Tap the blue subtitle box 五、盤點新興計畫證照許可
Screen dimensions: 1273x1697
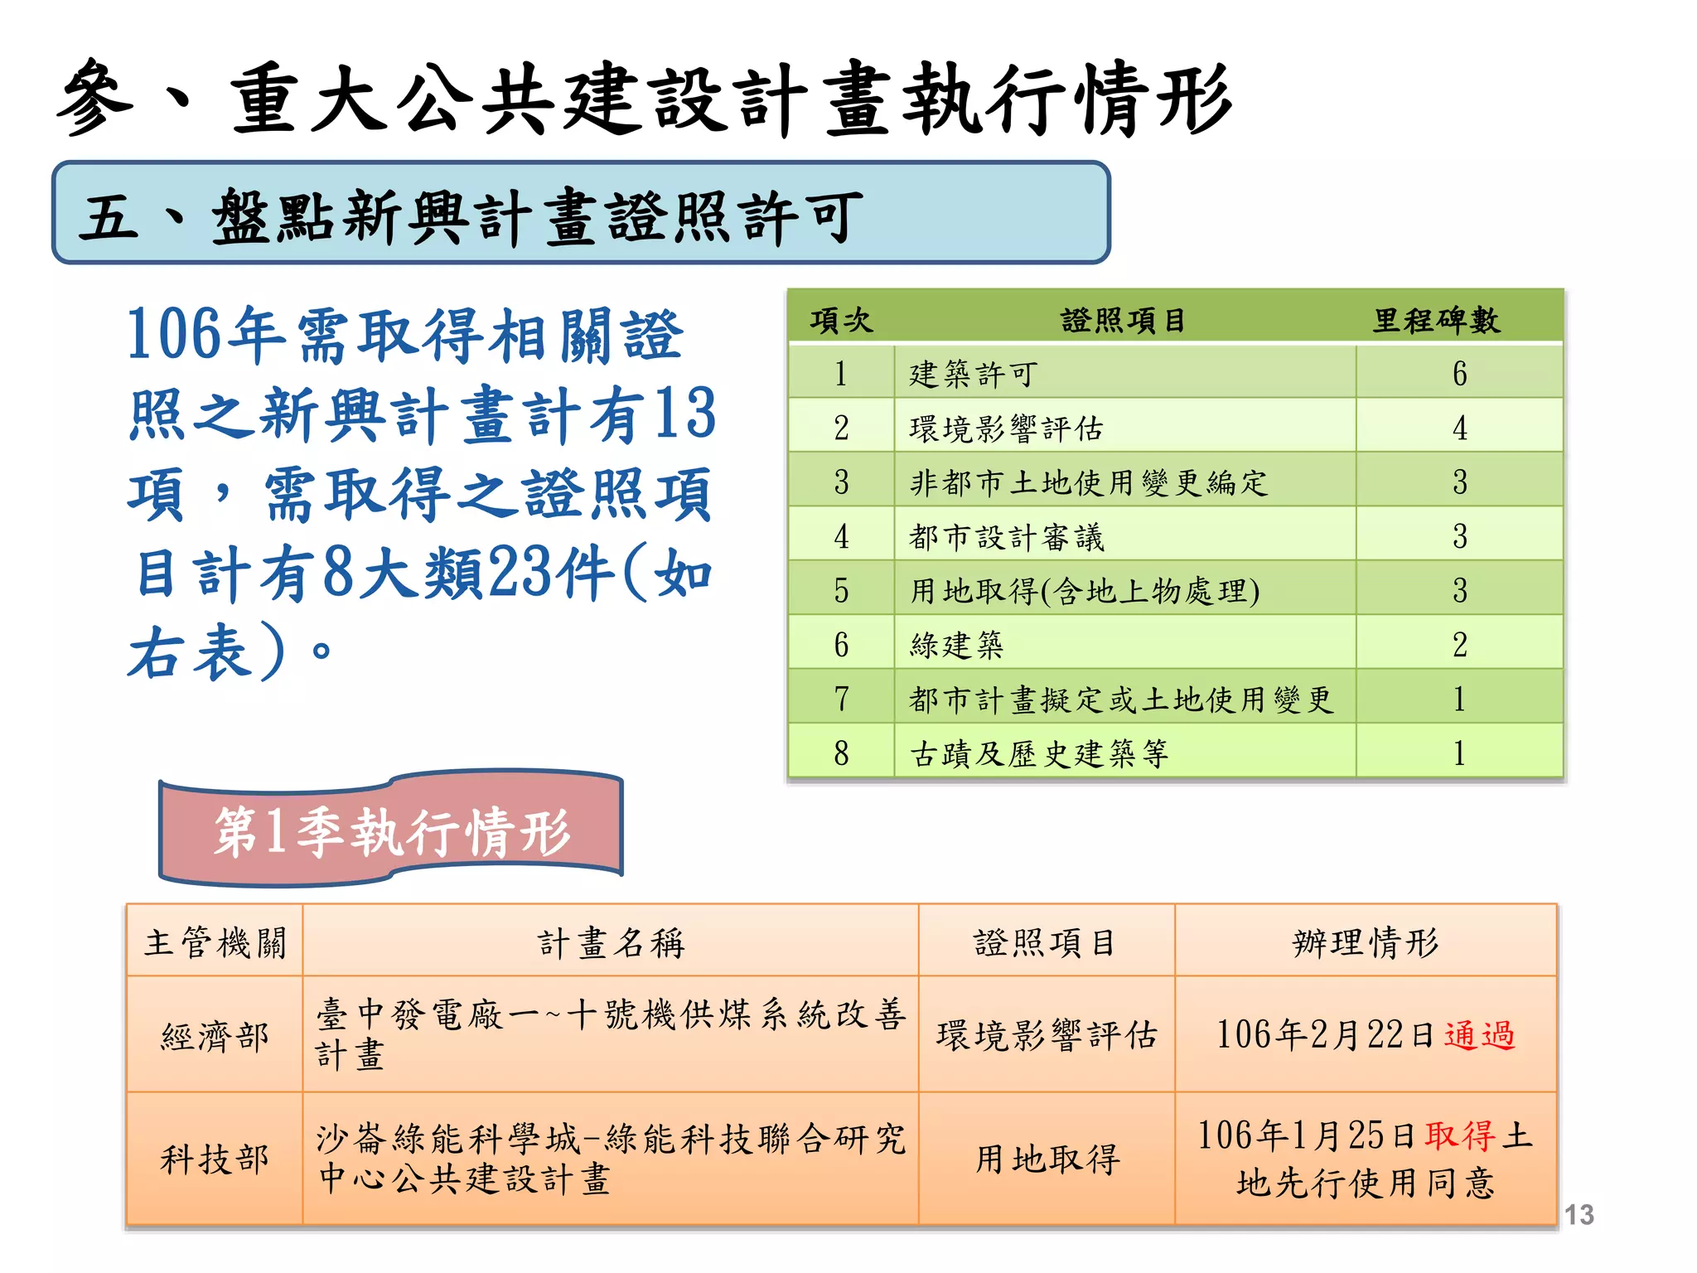[580, 214]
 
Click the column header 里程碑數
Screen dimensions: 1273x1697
[1436, 320]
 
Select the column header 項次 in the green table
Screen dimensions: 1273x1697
[841, 320]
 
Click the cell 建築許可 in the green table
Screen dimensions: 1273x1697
[973, 374]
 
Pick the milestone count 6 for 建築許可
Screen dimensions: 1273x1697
[1459, 374]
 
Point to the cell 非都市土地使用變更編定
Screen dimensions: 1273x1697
[1089, 482]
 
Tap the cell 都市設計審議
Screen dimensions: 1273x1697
[1007, 537]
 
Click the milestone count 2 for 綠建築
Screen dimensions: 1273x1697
[1459, 645]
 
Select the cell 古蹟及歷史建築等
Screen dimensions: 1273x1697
[1039, 753]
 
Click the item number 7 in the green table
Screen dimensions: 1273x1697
[841, 699]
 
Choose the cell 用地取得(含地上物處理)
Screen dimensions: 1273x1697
[1085, 591]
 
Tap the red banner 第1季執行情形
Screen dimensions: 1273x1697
[391, 830]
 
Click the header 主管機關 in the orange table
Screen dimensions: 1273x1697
[215, 942]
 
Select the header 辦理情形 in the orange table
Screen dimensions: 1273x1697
[1366, 942]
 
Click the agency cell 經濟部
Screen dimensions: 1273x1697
[215, 1036]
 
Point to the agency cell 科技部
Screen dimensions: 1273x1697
[215, 1159]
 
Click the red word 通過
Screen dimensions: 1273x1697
[1480, 1035]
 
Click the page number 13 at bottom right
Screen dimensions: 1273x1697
[1579, 1215]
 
